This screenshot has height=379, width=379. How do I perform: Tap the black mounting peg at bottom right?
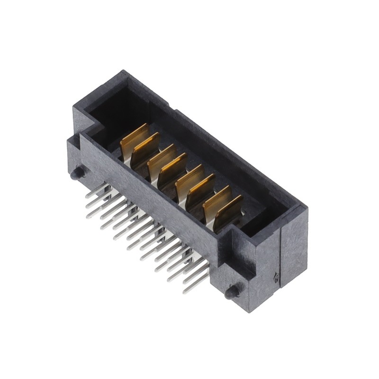[232, 292]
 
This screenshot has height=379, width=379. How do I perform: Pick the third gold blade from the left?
[161, 158]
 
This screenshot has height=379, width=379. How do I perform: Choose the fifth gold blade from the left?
[189, 179]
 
